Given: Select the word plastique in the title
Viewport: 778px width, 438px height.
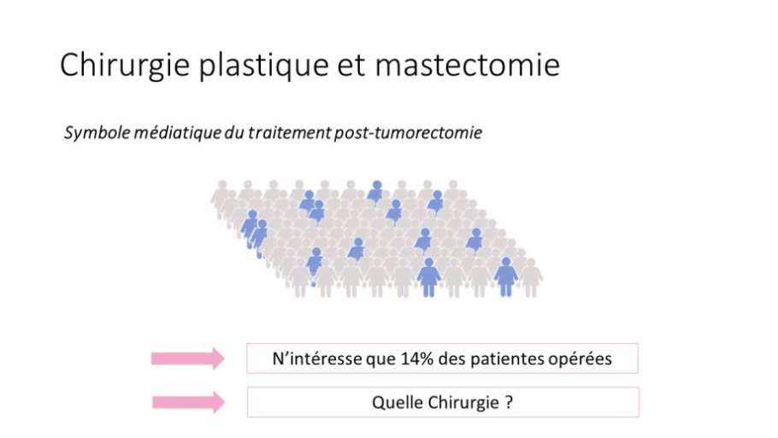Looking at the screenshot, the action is [263, 67].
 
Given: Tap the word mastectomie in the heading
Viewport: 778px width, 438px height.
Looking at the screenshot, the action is [468, 64].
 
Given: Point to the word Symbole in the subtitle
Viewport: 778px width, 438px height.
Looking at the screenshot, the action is [97, 133].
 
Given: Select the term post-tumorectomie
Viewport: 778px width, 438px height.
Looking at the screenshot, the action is [408, 133].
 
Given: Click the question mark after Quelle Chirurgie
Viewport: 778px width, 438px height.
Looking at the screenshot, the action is [509, 402].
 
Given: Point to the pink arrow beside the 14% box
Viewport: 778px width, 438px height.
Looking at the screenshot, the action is [187, 358].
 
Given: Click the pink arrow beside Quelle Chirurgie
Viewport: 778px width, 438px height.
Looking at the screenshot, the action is [189, 402].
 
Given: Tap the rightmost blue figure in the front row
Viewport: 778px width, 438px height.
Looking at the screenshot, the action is [505, 277].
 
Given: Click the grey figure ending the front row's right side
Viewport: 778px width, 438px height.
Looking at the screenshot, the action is [531, 277].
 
